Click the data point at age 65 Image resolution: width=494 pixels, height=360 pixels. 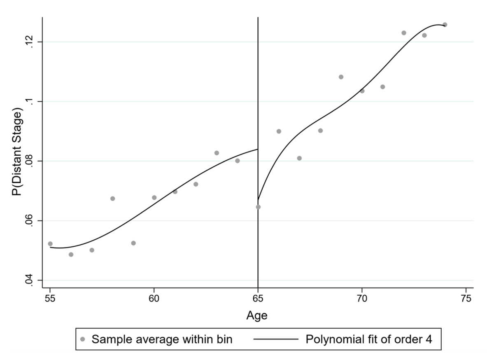258,207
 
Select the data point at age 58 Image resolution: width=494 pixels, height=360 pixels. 112,199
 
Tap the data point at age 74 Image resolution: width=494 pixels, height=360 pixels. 445,25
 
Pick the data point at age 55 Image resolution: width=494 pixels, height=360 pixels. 50,244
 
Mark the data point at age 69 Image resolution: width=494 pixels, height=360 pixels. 341,77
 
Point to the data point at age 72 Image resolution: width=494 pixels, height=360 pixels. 403,33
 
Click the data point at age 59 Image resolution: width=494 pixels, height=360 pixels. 133,243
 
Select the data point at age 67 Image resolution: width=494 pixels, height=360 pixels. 299,158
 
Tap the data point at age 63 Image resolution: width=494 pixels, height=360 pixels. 217,153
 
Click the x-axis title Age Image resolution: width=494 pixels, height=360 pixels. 257,316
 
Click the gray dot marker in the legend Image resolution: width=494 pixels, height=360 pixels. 83,339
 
